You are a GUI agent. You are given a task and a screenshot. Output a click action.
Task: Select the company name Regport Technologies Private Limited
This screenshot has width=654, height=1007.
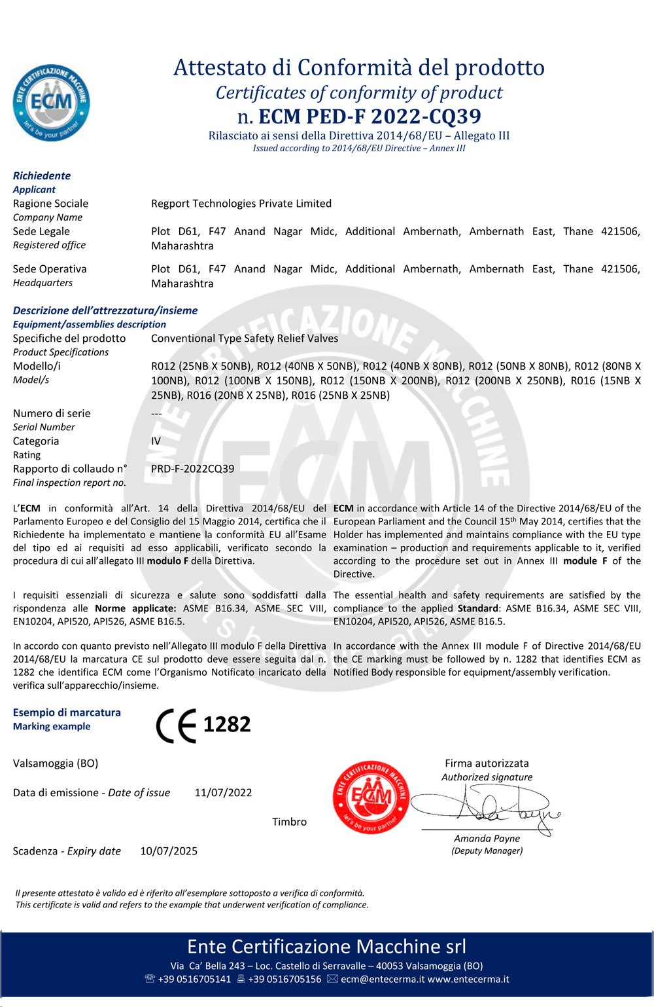[241, 204]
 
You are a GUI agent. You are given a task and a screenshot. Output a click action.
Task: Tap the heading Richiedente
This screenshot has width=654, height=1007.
[42, 175]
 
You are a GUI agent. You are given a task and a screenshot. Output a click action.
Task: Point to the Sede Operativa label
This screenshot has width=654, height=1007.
[50, 269]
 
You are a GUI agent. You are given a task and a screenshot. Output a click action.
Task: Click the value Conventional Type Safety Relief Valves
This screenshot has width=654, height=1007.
[245, 339]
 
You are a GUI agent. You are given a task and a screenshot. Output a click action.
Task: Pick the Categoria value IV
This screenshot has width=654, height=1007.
[156, 441]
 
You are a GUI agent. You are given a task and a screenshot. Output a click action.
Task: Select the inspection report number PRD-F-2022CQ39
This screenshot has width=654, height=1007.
[192, 469]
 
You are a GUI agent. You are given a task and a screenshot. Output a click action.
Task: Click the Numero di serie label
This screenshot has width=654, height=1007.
[52, 413]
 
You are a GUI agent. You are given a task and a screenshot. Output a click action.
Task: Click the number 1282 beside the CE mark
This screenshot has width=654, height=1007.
[227, 725]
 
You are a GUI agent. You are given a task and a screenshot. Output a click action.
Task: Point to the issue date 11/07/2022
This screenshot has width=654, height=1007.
[223, 793]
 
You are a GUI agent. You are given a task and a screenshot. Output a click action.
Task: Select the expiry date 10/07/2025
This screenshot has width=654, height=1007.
[169, 851]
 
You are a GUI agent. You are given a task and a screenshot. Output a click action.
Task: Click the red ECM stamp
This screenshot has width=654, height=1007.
[371, 797]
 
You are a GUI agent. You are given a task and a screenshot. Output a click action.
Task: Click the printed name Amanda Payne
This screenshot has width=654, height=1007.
[487, 839]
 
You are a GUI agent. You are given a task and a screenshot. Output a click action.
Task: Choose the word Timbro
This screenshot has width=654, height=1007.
[289, 822]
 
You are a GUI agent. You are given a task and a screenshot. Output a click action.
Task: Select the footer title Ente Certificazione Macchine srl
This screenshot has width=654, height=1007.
[326, 947]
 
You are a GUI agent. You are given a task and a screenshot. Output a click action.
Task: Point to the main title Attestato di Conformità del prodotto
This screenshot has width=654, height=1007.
[358, 67]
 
